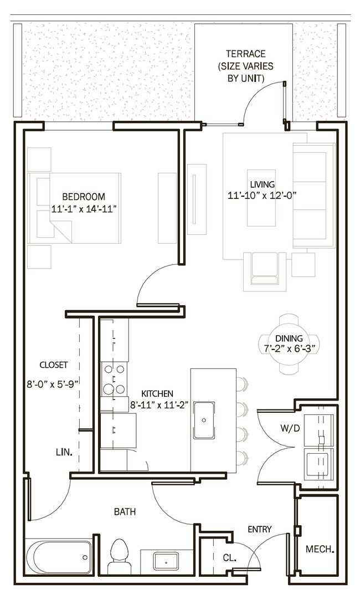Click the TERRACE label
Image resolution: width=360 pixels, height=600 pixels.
click(245, 54)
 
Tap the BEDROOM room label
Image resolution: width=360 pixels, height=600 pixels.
click(83, 197)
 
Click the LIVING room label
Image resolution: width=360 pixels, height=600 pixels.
click(262, 184)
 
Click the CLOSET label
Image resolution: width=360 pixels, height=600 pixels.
click(54, 365)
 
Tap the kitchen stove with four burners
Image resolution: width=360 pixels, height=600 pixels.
click(114, 379)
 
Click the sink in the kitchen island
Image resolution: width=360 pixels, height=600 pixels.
click(204, 420)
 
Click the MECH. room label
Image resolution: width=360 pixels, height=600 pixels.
click(320, 550)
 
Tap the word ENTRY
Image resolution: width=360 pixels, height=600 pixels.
click(259, 529)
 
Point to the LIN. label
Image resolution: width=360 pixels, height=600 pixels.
click(64, 452)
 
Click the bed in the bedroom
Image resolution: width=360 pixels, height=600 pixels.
click(78, 208)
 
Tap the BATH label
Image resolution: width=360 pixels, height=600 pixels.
click(125, 512)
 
